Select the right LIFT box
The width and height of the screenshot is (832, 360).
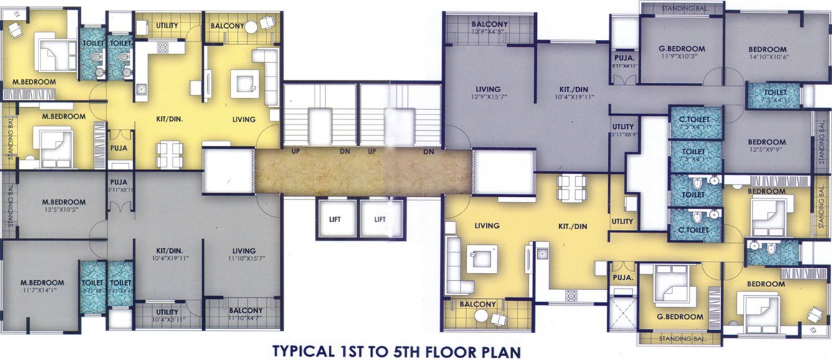click(380, 219)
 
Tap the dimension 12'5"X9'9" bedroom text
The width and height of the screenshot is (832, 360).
click(767, 150)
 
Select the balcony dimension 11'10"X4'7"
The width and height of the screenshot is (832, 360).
click(245, 318)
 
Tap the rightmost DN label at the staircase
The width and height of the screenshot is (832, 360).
click(428, 151)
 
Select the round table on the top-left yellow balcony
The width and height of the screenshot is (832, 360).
click(251, 27)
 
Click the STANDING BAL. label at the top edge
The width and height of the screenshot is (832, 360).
click(682, 8)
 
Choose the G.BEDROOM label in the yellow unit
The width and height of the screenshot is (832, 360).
click(680, 316)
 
